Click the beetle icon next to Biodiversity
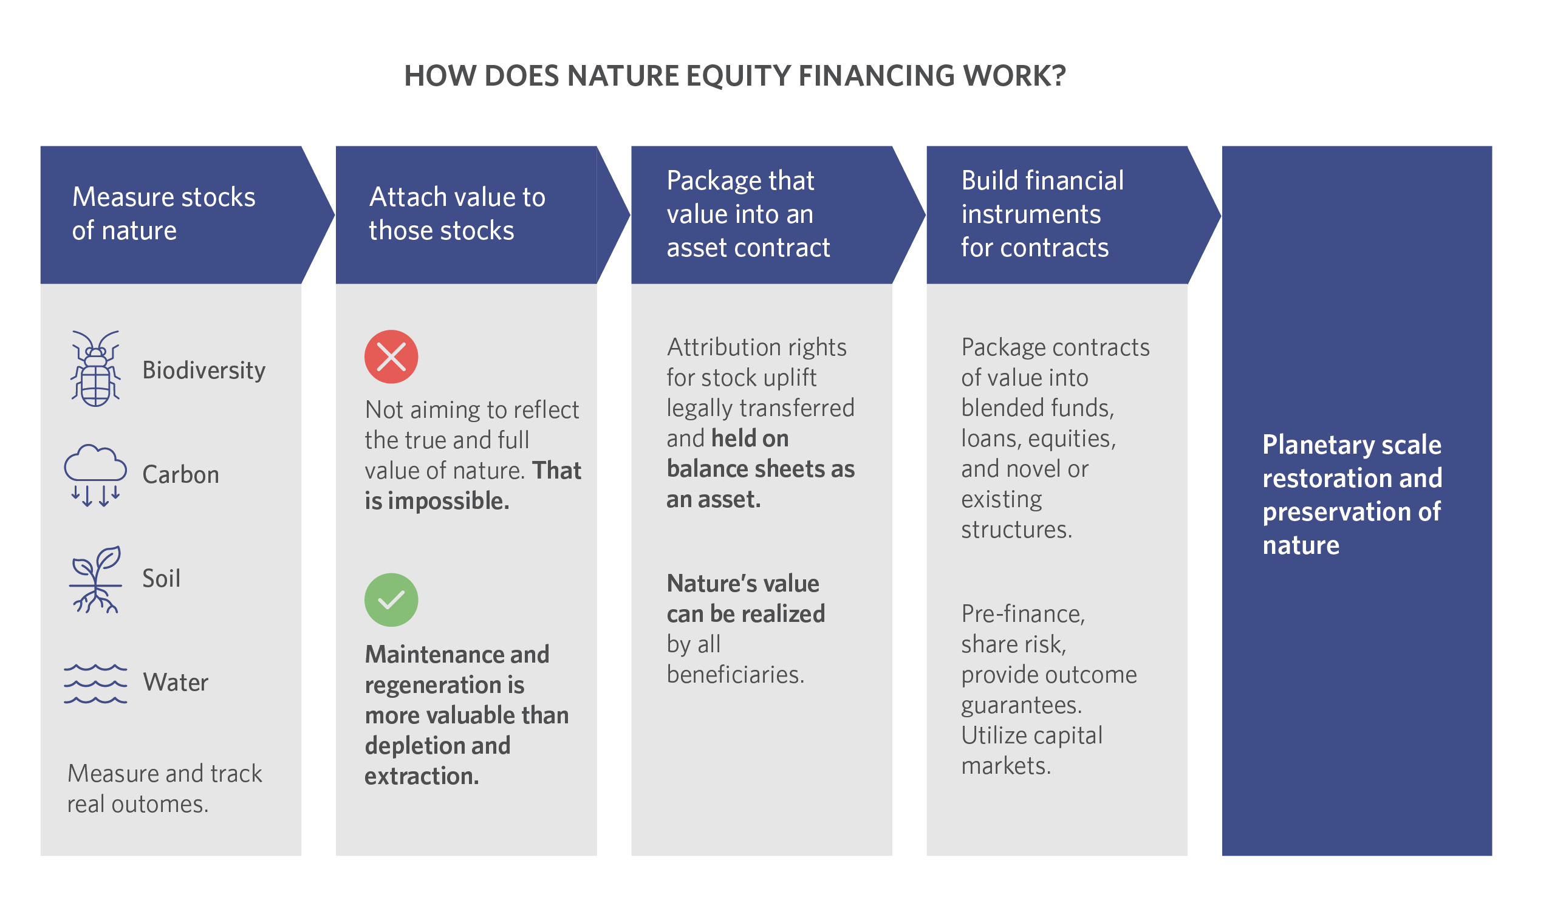coord(96,369)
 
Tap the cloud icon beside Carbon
coord(95,475)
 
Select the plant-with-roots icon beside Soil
coord(95,579)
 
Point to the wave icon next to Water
coord(95,684)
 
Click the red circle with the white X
coord(391,357)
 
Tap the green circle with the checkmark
coord(391,600)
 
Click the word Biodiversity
coord(204,370)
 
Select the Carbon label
coord(181,475)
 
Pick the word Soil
coord(162,578)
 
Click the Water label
coord(176,682)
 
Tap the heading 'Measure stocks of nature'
coord(163,214)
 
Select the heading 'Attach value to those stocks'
coord(457,214)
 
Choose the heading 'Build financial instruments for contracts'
coord(1042,214)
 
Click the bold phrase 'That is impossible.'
coord(473,486)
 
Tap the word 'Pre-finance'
coord(1023,614)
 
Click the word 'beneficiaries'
coord(735,675)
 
